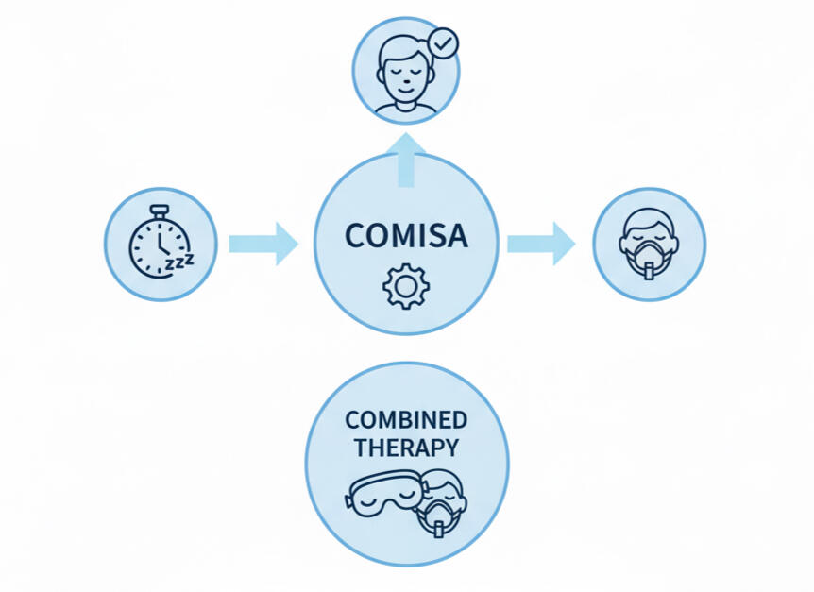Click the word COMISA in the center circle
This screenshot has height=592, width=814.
(x=406, y=236)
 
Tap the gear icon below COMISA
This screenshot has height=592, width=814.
(x=406, y=286)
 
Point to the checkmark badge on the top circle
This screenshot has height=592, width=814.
(x=442, y=44)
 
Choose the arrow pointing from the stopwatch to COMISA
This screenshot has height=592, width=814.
(x=263, y=244)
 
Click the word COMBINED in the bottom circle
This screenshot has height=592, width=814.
(x=406, y=419)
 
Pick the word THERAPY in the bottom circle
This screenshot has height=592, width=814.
(x=406, y=447)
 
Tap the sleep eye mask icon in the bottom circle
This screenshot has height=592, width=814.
(x=382, y=495)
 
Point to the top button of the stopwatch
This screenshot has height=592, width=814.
(x=160, y=209)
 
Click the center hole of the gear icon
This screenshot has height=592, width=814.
(x=406, y=286)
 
